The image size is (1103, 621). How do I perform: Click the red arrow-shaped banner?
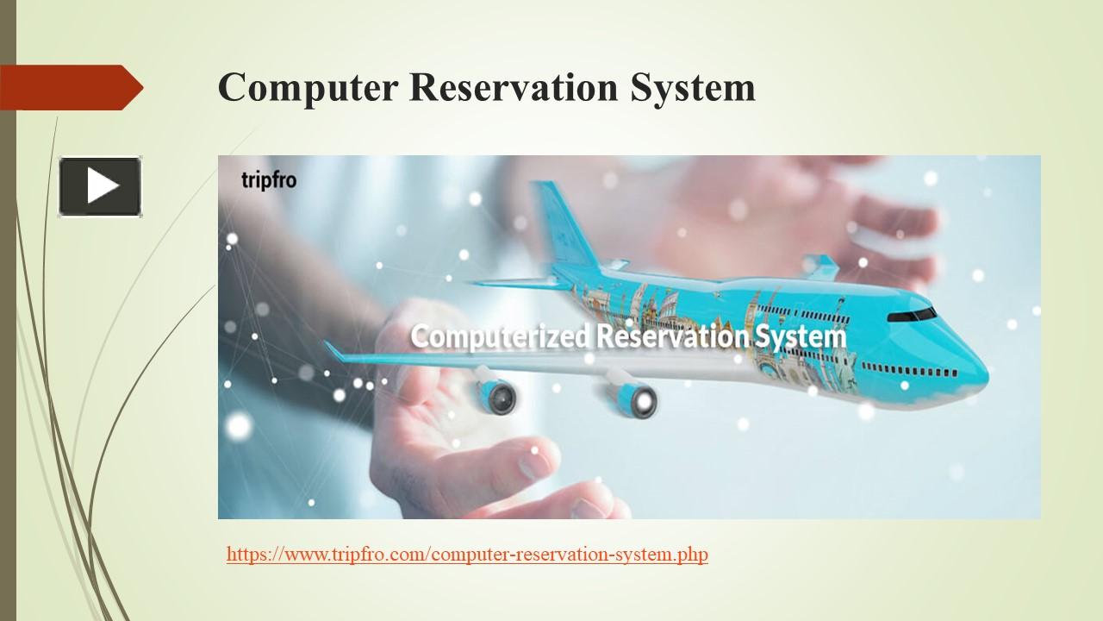(69, 87)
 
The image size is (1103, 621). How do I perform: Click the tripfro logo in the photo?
(268, 181)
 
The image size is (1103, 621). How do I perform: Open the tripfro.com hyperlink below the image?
(467, 555)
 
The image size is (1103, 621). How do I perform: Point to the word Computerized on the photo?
(501, 336)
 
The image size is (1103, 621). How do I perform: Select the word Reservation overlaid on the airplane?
(672, 336)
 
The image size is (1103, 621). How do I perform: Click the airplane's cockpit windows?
(912, 314)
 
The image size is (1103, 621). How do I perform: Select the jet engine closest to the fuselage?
(633, 396)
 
